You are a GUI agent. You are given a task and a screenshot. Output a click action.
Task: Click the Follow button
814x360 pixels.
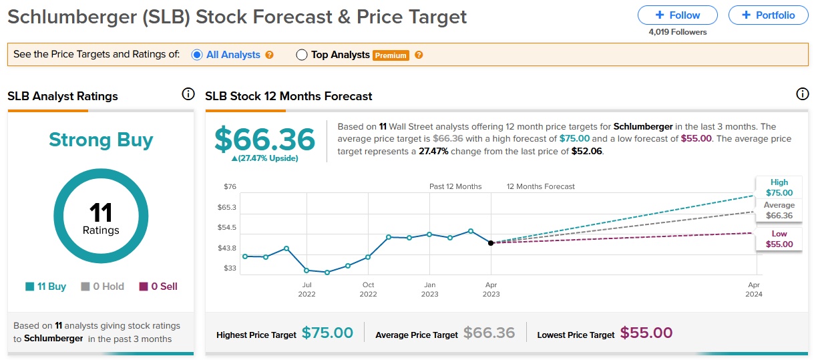[x=677, y=15]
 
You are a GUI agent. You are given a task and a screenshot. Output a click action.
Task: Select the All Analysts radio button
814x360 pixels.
[x=197, y=55]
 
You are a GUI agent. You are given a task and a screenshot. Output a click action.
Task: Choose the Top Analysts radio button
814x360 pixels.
[x=301, y=55]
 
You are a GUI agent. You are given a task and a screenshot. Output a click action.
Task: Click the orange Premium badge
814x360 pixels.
[x=391, y=55]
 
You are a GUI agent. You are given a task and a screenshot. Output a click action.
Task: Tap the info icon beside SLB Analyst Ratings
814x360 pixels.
[x=188, y=94]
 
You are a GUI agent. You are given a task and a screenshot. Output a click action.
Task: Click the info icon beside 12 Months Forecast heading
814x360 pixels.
[x=802, y=94]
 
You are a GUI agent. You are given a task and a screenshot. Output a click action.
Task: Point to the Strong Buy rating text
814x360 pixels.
[x=101, y=140]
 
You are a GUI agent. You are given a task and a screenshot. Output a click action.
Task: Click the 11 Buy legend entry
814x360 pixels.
[x=46, y=287]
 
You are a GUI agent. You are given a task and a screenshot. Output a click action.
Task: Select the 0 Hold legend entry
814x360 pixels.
[x=103, y=287]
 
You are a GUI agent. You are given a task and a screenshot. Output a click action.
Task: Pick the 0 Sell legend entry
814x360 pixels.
[x=158, y=287]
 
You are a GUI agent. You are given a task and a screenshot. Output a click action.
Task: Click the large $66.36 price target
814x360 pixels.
[x=264, y=139]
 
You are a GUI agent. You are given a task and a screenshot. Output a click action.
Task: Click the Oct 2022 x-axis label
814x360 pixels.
[x=368, y=289]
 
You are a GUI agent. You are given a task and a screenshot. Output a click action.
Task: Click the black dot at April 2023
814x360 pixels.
[x=491, y=242]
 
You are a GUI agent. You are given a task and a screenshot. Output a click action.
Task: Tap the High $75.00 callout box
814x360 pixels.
[x=779, y=187]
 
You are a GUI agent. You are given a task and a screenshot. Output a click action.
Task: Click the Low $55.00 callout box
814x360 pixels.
[x=779, y=239]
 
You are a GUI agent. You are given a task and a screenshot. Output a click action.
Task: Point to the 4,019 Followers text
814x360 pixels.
[x=677, y=32]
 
